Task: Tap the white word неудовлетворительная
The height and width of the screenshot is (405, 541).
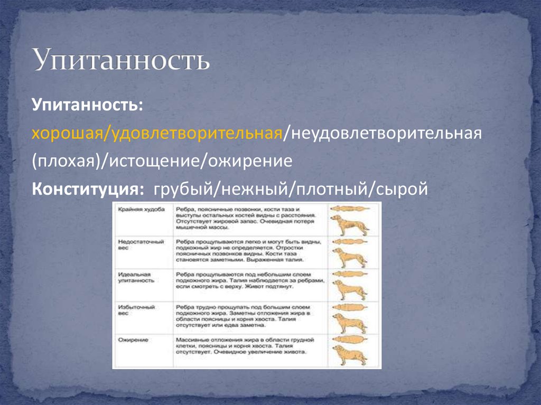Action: [x=383, y=133]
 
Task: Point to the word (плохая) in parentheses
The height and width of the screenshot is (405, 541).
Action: [x=69, y=161]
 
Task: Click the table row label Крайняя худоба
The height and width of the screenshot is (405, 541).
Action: [x=134, y=210]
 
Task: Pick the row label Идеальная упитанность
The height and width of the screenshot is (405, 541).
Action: [x=136, y=278]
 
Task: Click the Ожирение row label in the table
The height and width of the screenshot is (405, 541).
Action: [x=132, y=341]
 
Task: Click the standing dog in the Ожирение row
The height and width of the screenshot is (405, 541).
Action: [x=349, y=355]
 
